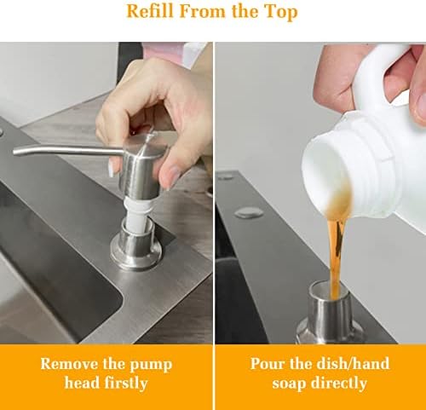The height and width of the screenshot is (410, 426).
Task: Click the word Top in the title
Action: (280, 13)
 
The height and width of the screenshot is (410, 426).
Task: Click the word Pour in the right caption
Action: (268, 364)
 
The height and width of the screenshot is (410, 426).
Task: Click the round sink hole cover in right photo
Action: (249, 212)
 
